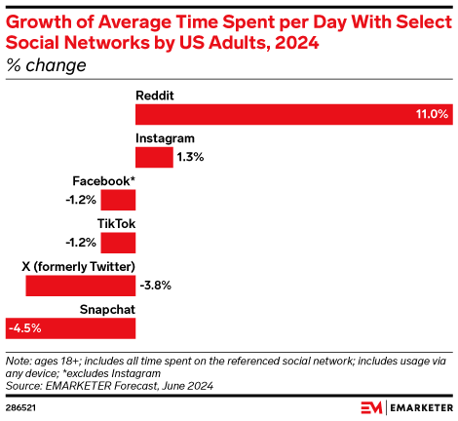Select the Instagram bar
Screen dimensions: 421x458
point(154,157)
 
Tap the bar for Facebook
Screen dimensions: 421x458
point(118,200)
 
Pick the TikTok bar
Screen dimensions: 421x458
point(118,243)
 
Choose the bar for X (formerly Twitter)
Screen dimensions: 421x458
point(80,286)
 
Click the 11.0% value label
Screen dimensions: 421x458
point(432,114)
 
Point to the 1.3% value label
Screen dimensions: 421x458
point(191,157)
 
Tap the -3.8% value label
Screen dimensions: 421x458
point(157,286)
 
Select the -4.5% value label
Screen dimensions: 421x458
point(25,328)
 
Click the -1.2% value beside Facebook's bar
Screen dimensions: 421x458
point(82,200)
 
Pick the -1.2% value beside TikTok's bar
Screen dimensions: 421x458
point(82,243)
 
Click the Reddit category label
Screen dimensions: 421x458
point(155,96)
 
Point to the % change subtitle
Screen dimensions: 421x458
point(45,65)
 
